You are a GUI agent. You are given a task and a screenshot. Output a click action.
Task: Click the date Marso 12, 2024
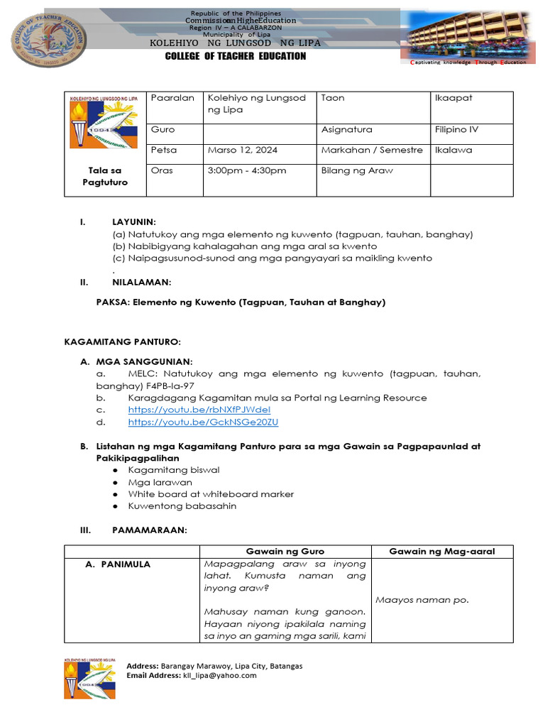point(242,150)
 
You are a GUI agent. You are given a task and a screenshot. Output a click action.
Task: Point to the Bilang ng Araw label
point(356,170)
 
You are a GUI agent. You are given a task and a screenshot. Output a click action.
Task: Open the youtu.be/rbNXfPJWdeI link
point(199,410)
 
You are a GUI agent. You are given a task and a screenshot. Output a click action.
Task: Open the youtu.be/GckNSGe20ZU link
point(203,422)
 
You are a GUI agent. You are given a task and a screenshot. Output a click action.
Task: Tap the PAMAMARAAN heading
point(149,530)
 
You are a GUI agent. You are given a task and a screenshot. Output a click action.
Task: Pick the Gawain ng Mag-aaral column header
point(442,552)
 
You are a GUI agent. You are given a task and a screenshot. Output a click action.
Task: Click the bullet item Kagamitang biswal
point(174,470)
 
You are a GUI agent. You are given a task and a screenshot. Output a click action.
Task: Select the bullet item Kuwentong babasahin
point(182,506)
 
